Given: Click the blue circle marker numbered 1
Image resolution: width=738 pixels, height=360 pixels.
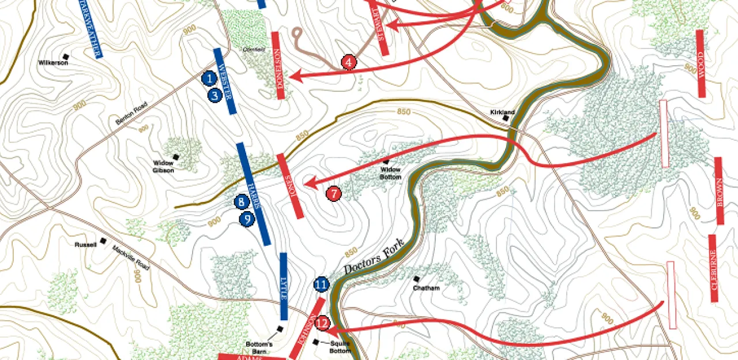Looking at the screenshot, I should coord(210,77).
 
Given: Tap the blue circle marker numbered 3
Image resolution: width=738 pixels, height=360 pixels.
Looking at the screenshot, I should coord(216,95).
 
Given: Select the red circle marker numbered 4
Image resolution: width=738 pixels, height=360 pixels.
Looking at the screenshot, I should coord(349,62).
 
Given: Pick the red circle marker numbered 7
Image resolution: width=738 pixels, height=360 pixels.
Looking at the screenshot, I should coord(334,194).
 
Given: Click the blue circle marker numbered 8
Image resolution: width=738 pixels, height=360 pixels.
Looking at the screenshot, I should coord(242,202).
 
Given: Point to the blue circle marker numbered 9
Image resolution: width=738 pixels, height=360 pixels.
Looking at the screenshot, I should coord(247,219).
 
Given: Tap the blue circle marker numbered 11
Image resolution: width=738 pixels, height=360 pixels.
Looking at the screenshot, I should coord(321,284).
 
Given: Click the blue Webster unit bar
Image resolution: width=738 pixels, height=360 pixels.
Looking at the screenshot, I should coord(225,81).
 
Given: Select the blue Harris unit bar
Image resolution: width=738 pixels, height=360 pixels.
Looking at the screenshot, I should coord(253,193).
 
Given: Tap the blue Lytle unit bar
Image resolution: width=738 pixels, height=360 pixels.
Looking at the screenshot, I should coord(283,286).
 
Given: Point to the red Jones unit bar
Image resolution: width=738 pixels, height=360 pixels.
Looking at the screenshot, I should coord(290,186).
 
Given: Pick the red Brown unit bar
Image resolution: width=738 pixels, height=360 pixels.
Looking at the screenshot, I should coord(719,190).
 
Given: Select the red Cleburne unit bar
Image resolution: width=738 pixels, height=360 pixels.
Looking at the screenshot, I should coord(713,268).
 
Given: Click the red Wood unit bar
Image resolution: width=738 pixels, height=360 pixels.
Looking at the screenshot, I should coord(701,63).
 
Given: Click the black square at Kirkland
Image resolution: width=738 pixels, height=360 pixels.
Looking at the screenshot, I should coord(506,118).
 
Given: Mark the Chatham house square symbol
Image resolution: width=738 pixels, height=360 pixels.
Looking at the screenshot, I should coord(416,279).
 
